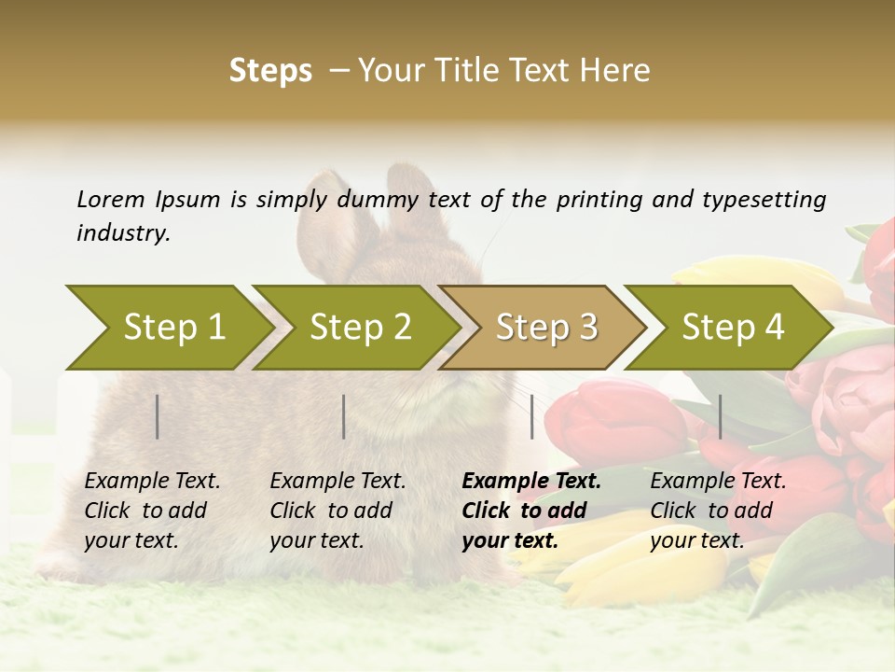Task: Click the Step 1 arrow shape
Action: (168, 328)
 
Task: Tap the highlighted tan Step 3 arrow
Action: (543, 328)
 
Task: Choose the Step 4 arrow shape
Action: (729, 328)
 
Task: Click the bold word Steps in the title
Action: (270, 70)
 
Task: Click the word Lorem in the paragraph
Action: (110, 199)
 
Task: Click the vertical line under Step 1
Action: (158, 416)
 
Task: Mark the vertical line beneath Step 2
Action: (344, 416)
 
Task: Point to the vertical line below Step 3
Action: (532, 416)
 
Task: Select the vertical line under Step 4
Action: (721, 416)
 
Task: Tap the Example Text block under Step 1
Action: (151, 511)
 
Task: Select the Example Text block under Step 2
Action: (337, 511)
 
